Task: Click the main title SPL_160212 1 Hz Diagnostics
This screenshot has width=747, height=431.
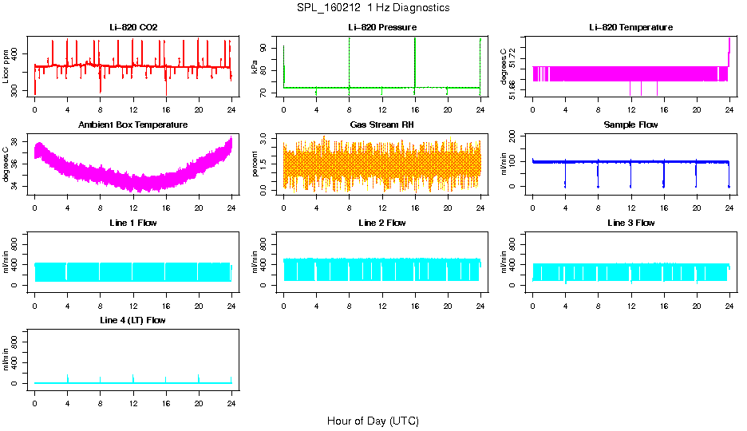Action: click(373, 8)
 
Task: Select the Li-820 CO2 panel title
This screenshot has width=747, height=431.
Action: click(133, 28)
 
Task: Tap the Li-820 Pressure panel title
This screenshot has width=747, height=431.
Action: click(381, 28)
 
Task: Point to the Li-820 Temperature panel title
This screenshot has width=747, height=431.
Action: click(630, 28)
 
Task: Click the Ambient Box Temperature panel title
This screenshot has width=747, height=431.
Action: click(133, 125)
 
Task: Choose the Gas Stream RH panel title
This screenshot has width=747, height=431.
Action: click(381, 125)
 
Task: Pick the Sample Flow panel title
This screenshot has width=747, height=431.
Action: click(630, 125)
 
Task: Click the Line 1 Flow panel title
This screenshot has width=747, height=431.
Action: click(133, 223)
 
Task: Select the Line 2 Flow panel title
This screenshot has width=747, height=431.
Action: click(381, 223)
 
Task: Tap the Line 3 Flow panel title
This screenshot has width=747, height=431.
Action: click(630, 223)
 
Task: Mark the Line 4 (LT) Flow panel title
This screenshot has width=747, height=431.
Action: click(133, 320)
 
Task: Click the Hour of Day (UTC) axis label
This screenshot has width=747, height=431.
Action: click(373, 421)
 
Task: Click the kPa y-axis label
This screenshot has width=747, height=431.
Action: click(255, 69)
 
